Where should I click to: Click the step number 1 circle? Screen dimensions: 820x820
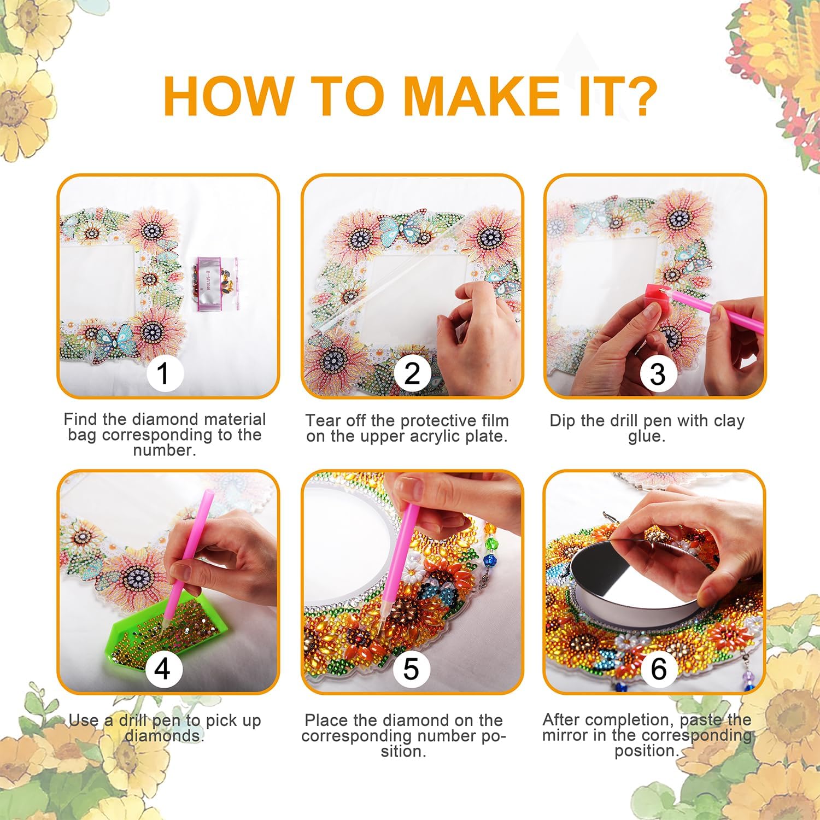click(x=163, y=374)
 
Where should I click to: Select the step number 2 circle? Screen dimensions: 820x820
click(x=412, y=373)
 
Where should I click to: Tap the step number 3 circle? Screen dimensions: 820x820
click(x=658, y=374)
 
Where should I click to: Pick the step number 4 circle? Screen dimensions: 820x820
click(x=162, y=669)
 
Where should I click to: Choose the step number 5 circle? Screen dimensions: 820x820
click(x=411, y=669)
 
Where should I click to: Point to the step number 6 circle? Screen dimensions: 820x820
click(x=658, y=669)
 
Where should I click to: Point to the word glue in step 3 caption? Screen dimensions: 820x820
click(x=646, y=436)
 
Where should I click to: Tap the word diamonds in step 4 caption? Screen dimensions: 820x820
click(x=164, y=736)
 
